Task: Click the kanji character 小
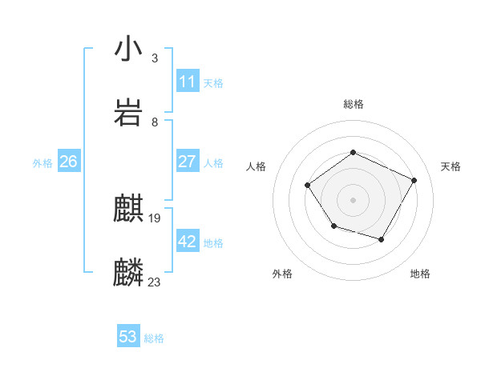(x=129, y=50)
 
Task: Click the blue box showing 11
(x=188, y=82)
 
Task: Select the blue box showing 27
(x=188, y=162)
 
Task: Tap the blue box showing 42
(x=188, y=242)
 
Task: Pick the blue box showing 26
(x=68, y=162)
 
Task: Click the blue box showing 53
(x=128, y=337)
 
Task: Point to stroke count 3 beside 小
(x=155, y=58)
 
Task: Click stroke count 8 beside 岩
(x=155, y=122)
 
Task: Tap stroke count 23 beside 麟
(x=155, y=282)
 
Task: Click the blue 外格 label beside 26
(x=42, y=163)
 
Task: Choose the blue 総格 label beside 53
(x=154, y=338)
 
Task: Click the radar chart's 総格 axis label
(x=354, y=104)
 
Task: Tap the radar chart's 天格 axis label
(x=451, y=166)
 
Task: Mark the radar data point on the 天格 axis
(x=414, y=180)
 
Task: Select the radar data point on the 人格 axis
(x=309, y=186)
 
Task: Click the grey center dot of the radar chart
(x=354, y=199)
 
